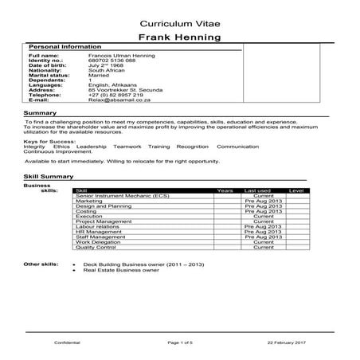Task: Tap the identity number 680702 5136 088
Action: click(x=112, y=60)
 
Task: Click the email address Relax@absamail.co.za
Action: click(x=121, y=100)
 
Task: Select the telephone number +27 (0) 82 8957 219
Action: click(x=116, y=95)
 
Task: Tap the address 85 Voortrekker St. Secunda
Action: click(x=125, y=90)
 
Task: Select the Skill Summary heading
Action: click(x=46, y=174)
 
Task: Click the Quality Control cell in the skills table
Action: click(x=96, y=247)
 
